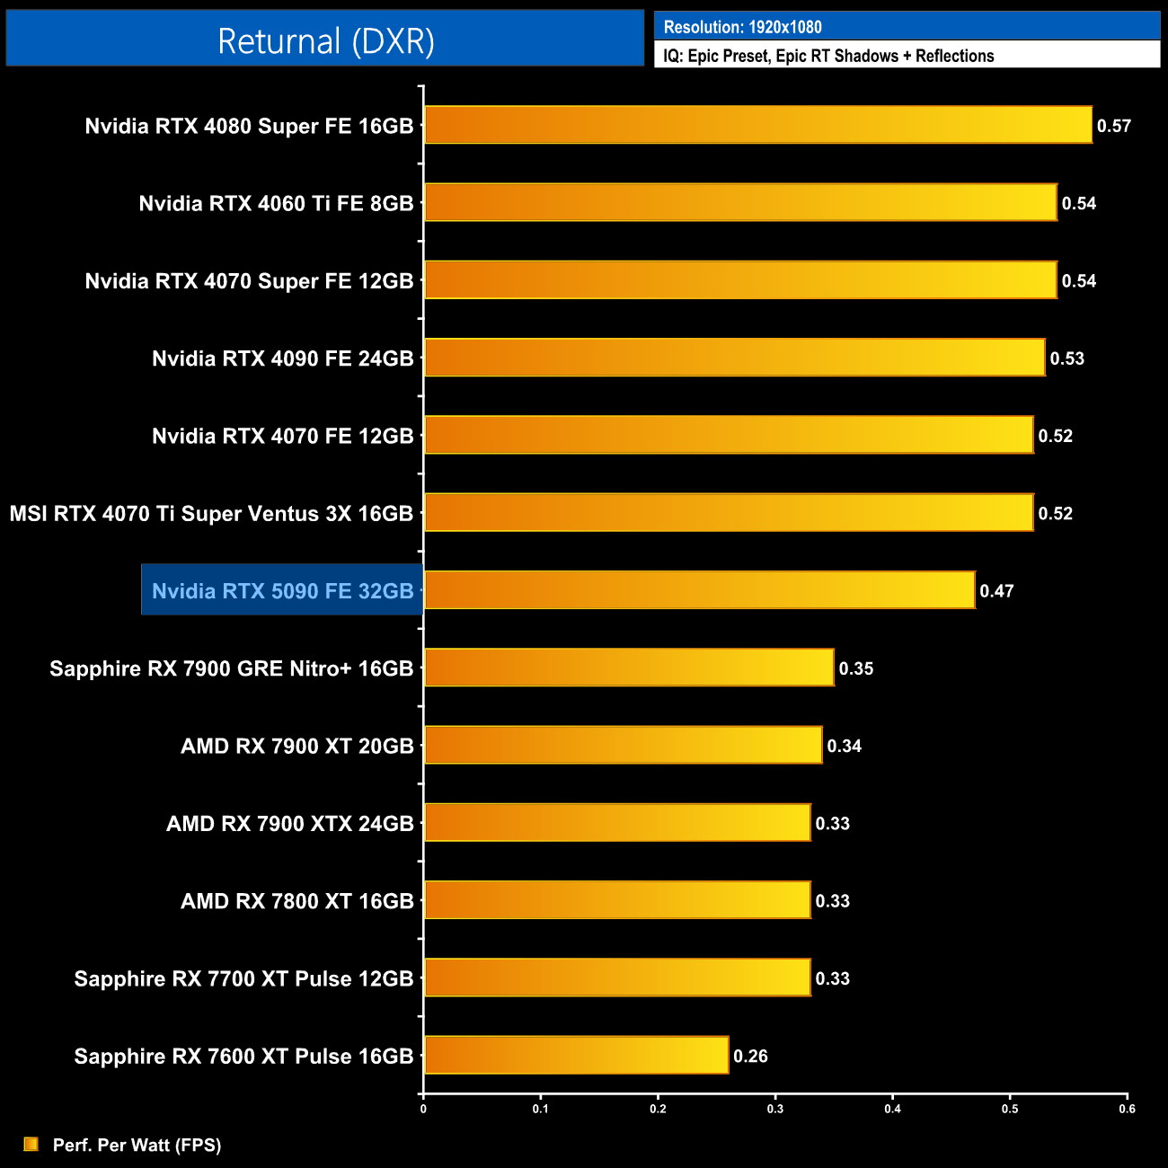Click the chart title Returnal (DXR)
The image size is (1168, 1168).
(325, 41)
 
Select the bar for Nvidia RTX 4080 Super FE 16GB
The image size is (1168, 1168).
(757, 125)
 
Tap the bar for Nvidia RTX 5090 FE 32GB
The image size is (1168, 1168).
(699, 590)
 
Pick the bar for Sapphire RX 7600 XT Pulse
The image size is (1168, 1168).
(576, 1055)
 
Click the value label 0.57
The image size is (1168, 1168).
(1113, 126)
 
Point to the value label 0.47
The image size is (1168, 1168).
(996, 591)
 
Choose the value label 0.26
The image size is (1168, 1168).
(750, 1056)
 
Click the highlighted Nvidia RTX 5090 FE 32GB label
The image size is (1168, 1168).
(282, 590)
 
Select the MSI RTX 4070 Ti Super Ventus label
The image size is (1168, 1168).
(211, 513)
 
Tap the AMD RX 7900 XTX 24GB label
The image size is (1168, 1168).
(289, 823)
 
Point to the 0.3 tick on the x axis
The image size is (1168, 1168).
(775, 1109)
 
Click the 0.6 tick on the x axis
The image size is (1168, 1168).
(1127, 1109)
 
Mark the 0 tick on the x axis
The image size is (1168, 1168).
(423, 1109)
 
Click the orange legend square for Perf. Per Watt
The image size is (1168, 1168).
(31, 1144)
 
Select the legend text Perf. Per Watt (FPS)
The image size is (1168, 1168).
(137, 1145)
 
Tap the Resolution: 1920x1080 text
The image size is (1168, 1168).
(742, 27)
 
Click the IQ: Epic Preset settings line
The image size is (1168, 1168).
(828, 56)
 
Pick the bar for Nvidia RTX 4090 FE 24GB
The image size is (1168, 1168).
(734, 358)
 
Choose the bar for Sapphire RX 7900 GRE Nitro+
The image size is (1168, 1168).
(629, 668)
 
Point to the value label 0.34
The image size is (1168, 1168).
(844, 746)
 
